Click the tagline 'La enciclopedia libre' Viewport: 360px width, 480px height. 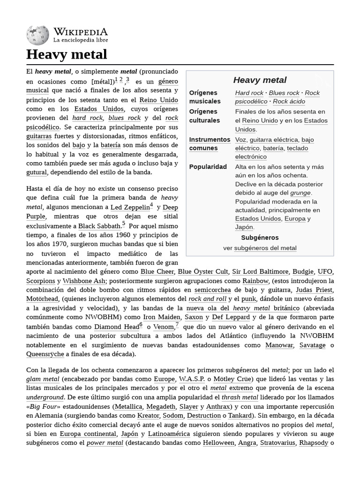[81, 40]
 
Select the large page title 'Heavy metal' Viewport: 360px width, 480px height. [67, 54]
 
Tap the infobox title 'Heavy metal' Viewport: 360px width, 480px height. [260, 80]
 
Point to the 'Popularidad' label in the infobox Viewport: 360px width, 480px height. [208, 167]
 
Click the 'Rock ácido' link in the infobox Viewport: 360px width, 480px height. [289, 102]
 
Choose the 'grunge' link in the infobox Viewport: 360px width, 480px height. [300, 193]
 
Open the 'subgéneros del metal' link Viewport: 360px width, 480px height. [265, 248]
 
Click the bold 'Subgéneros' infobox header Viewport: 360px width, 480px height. [260, 238]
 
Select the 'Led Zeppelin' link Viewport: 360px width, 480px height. [130, 207]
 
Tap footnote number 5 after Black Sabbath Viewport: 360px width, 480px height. [124, 224]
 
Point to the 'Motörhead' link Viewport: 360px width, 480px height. [42, 299]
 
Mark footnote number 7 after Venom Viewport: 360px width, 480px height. [177, 324]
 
